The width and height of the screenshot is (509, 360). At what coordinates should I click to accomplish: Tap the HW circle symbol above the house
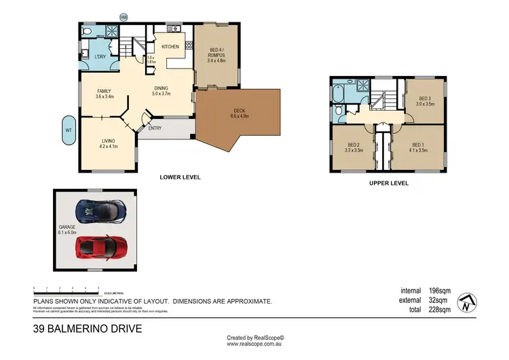(123, 17)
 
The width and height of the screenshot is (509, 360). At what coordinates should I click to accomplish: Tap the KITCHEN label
(170, 46)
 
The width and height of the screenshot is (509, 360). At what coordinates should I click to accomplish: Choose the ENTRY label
(155, 127)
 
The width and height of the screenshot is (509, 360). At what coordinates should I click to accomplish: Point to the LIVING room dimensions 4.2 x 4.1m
(109, 146)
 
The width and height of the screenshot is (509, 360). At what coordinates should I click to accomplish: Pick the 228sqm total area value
(440, 310)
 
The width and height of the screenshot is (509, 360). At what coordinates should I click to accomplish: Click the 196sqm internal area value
(440, 290)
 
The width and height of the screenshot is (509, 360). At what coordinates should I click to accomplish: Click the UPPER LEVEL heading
(388, 183)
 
